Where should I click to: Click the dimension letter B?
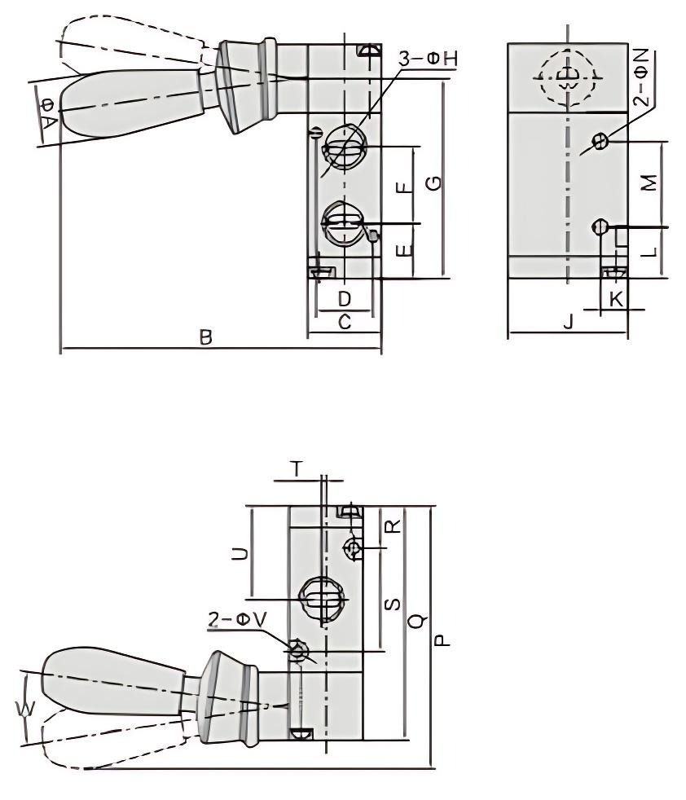pos(206,337)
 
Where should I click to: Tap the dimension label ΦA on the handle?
pos(48,112)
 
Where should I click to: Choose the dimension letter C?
pos(344,323)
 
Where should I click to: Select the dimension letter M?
pos(648,183)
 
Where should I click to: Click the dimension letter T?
pos(297,468)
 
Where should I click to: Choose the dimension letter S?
pos(391,603)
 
